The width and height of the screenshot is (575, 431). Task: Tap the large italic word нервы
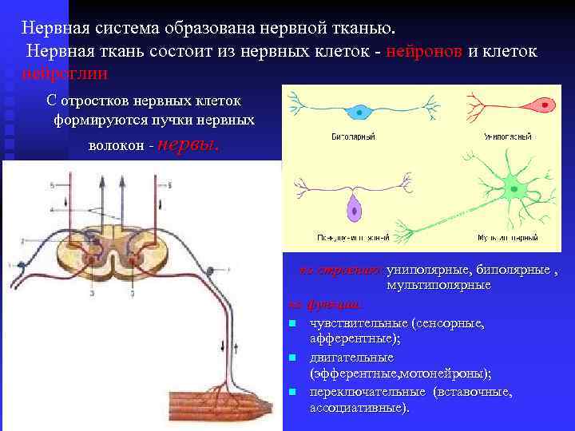coord(188,146)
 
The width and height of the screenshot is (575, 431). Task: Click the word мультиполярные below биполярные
coord(438,284)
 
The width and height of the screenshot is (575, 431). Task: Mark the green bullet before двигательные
coord(294,358)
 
